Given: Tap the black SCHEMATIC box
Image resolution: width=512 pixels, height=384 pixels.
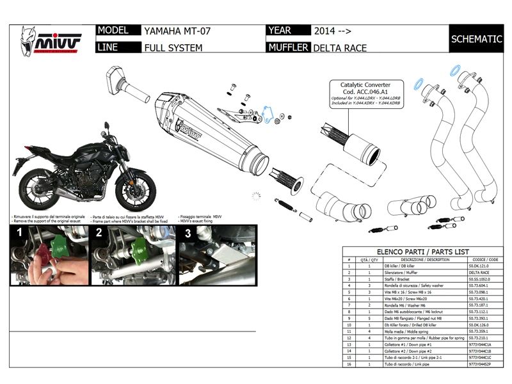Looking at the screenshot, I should (476, 39).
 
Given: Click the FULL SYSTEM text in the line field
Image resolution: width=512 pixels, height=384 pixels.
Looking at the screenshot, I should (173, 47).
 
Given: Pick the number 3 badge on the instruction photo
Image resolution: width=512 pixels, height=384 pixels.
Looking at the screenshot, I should (187, 233).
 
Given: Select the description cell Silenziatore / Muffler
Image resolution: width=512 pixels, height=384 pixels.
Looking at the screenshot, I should (403, 273).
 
